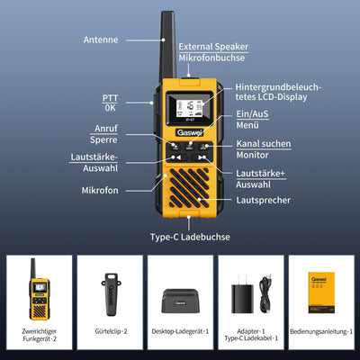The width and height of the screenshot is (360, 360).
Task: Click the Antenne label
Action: click(x=100, y=40)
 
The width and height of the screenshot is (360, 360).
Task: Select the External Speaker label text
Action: click(x=214, y=46)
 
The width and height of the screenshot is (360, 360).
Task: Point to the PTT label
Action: click(x=110, y=97)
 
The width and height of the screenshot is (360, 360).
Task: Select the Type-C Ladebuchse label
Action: click(x=190, y=237)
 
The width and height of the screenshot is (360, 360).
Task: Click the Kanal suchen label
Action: click(x=264, y=144)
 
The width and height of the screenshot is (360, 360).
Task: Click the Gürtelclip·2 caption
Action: click(x=110, y=331)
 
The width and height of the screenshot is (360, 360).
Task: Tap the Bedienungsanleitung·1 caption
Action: click(x=320, y=331)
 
